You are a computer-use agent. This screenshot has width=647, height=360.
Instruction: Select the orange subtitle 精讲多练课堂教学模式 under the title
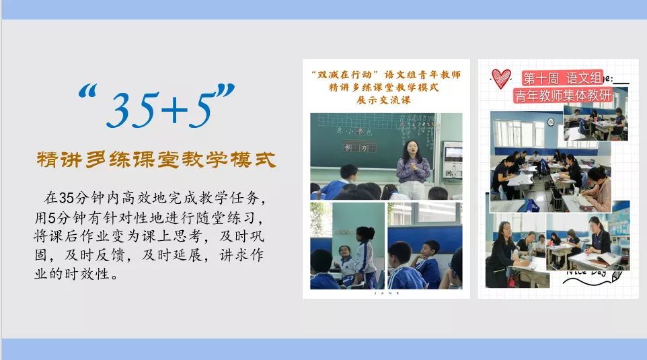156,161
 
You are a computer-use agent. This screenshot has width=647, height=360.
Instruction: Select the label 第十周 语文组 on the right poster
563,77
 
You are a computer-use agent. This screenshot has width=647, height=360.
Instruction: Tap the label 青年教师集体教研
562,95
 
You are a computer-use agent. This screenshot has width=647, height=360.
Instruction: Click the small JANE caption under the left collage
385,293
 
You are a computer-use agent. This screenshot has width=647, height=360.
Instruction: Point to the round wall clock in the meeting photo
549,122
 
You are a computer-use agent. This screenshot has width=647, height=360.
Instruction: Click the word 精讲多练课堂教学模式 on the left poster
384,87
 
